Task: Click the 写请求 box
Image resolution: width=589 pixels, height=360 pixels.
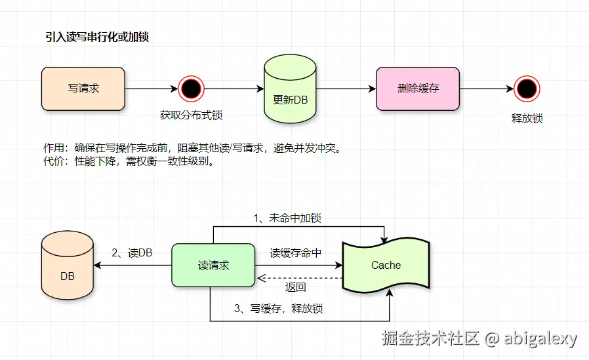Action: (83, 89)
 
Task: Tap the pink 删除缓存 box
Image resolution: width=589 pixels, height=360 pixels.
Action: (418, 89)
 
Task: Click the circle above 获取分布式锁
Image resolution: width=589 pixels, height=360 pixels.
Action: (191, 89)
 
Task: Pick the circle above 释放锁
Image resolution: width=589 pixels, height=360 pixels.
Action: (527, 89)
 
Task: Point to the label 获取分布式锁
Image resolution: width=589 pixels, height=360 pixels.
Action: (191, 115)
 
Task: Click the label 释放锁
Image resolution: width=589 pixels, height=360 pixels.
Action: (527, 119)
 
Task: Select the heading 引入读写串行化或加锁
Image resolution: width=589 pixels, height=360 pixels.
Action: (96, 37)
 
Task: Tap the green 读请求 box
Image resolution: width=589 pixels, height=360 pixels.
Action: (213, 266)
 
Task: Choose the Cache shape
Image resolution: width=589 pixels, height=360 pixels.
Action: (386, 265)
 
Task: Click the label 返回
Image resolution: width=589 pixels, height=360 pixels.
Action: (296, 287)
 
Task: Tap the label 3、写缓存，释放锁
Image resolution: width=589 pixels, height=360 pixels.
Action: (279, 308)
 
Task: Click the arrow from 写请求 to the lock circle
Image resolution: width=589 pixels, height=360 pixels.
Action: (151, 89)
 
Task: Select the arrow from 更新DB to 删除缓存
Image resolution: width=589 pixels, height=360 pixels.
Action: (346, 89)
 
